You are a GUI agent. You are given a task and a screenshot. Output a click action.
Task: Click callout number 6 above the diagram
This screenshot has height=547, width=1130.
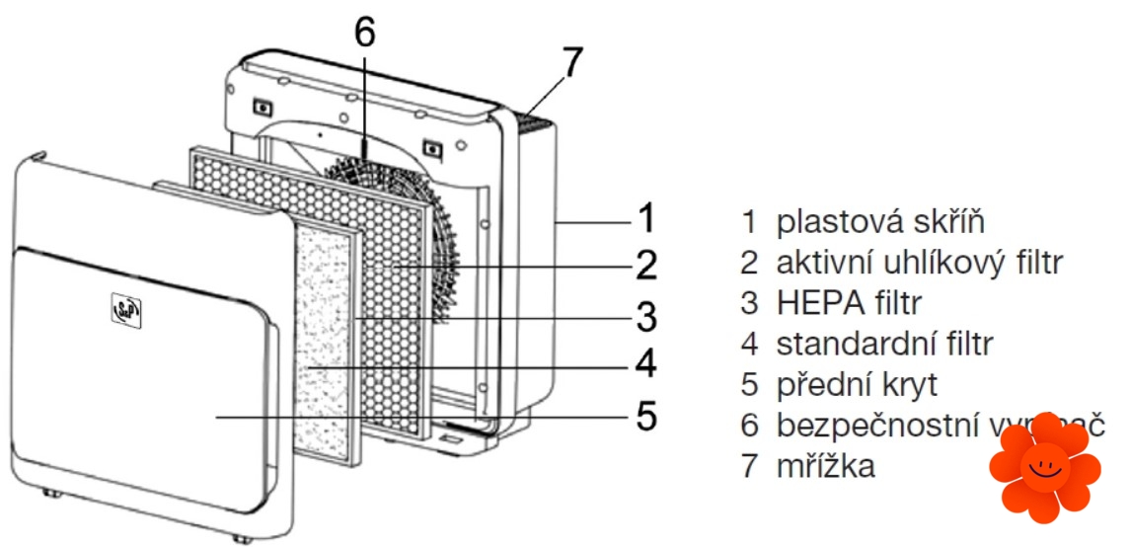(x=364, y=32)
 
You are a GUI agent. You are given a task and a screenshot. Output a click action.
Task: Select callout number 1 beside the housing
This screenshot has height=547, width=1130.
(x=645, y=216)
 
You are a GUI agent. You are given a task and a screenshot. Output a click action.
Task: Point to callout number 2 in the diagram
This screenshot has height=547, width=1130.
(x=645, y=265)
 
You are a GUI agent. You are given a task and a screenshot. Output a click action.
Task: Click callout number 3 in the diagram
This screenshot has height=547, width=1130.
(x=645, y=317)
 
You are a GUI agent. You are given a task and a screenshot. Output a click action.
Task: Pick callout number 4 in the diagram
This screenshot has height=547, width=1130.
(x=645, y=366)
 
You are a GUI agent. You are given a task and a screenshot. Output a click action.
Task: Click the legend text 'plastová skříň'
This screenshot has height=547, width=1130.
(x=880, y=220)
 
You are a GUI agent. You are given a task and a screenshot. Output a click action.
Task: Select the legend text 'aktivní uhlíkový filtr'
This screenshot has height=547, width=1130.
(x=920, y=263)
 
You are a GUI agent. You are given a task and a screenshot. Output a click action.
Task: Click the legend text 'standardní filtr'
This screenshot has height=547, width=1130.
(x=884, y=344)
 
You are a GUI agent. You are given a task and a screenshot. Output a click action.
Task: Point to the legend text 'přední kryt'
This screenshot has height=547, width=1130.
(x=856, y=384)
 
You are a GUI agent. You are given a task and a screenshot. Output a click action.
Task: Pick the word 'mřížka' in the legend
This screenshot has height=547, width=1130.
(x=825, y=466)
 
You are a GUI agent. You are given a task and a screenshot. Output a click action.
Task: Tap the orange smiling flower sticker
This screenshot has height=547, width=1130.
(x=1043, y=467)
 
